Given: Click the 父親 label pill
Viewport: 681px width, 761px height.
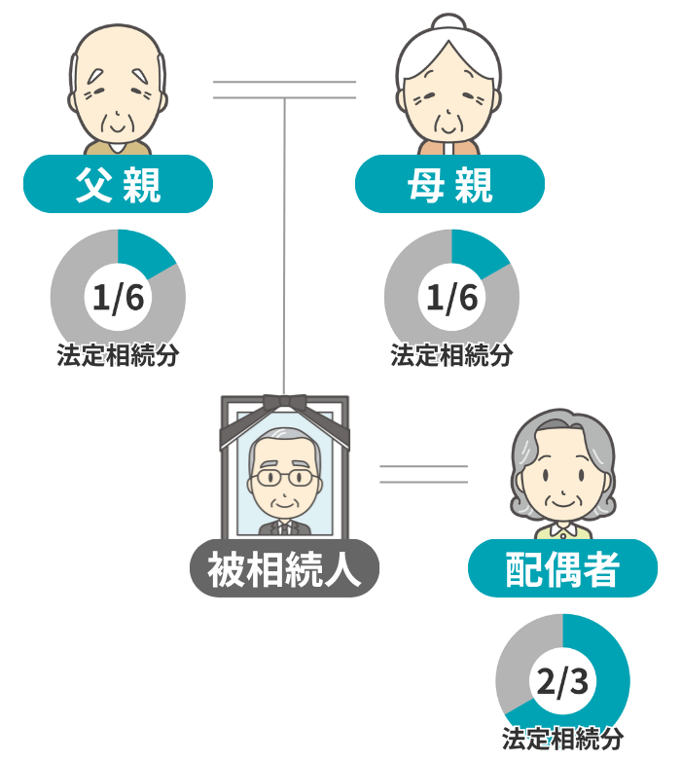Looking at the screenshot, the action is pos(118,184).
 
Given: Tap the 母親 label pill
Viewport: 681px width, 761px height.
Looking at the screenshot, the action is pos(449,184).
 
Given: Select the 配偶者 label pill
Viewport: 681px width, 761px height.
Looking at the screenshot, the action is pos(562,568).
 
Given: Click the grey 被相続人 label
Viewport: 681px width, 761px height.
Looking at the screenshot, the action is pos(284,568).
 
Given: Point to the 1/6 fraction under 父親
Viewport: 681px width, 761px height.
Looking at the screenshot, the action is pos(118,297).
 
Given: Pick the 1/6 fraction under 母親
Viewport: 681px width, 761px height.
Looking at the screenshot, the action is pos(451,297).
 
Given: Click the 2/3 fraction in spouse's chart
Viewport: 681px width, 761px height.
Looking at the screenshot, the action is pos(562,681).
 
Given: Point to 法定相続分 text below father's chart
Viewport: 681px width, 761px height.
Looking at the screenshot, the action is pos(118,355).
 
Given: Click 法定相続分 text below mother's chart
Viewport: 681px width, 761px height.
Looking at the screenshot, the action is pos(451,355).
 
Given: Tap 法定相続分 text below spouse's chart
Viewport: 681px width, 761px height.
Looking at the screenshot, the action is pos(562,739).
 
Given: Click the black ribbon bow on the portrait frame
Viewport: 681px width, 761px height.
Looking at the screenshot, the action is pos(285,403).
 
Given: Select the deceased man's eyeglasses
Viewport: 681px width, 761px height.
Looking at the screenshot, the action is pos(284,477).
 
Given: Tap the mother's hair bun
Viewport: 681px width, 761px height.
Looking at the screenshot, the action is pos(448,22).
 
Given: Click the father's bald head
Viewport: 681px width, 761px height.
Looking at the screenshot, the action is pos(118,49).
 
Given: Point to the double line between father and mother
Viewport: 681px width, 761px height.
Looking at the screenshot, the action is pos(284,90).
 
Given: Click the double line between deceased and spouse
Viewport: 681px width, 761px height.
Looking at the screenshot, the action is pos(423,474).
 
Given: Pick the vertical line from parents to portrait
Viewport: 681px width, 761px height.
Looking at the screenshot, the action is pos(285,246).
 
